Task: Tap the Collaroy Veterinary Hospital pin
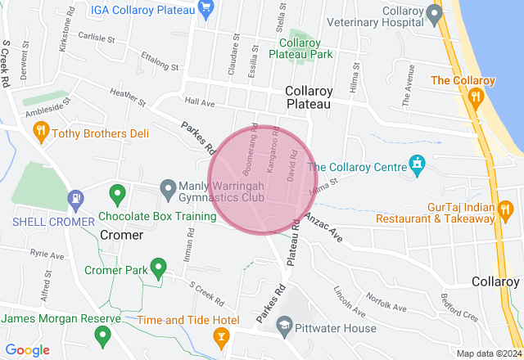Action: (x=435, y=14)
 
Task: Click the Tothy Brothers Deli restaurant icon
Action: (x=38, y=132)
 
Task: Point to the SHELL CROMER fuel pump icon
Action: (x=76, y=198)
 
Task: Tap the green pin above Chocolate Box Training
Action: (x=117, y=195)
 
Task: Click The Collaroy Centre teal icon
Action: (x=418, y=166)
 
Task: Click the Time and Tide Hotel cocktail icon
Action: (x=220, y=335)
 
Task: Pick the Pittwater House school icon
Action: (x=284, y=326)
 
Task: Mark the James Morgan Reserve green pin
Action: (x=102, y=335)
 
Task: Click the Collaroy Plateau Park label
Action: (x=305, y=48)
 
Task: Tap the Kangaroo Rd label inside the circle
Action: (x=273, y=150)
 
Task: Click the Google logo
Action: (x=28, y=350)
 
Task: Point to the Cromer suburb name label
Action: (x=121, y=235)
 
